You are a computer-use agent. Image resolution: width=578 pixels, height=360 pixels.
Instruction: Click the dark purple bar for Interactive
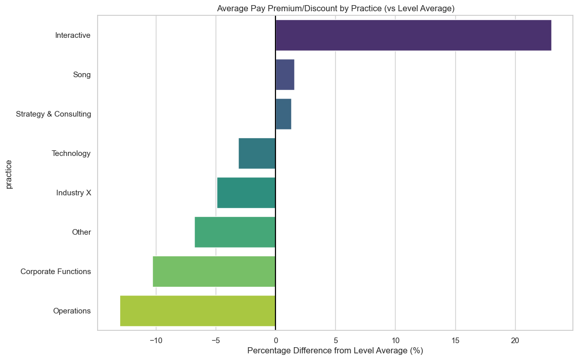click(413, 35)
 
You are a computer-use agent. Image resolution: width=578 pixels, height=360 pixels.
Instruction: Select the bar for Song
click(285, 75)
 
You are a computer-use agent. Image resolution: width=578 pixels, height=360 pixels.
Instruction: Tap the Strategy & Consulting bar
click(283, 114)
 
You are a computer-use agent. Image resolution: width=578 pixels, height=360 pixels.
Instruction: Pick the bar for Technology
click(257, 153)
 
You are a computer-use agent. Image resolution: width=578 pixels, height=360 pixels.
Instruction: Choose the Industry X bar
click(246, 193)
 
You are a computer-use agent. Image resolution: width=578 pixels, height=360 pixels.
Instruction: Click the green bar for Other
click(235, 232)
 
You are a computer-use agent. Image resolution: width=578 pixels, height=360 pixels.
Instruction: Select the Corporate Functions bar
click(214, 272)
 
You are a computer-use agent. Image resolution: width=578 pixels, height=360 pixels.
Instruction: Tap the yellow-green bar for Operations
click(198, 311)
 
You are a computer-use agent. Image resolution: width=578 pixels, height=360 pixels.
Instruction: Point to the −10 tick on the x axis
click(156, 340)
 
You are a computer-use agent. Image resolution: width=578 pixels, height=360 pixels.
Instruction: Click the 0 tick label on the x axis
click(275, 340)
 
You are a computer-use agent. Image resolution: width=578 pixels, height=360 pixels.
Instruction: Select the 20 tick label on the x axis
click(515, 340)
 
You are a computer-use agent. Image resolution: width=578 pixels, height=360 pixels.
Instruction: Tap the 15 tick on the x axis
click(455, 340)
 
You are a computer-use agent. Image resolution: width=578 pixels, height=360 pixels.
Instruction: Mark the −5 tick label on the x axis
click(216, 340)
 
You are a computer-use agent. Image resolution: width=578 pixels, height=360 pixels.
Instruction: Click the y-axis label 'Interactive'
click(73, 35)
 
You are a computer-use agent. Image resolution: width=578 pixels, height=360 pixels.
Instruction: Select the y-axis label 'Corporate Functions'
click(56, 272)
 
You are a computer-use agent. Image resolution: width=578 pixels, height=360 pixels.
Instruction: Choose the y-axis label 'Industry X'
click(74, 193)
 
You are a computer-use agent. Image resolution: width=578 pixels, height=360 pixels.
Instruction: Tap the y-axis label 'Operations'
click(72, 311)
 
